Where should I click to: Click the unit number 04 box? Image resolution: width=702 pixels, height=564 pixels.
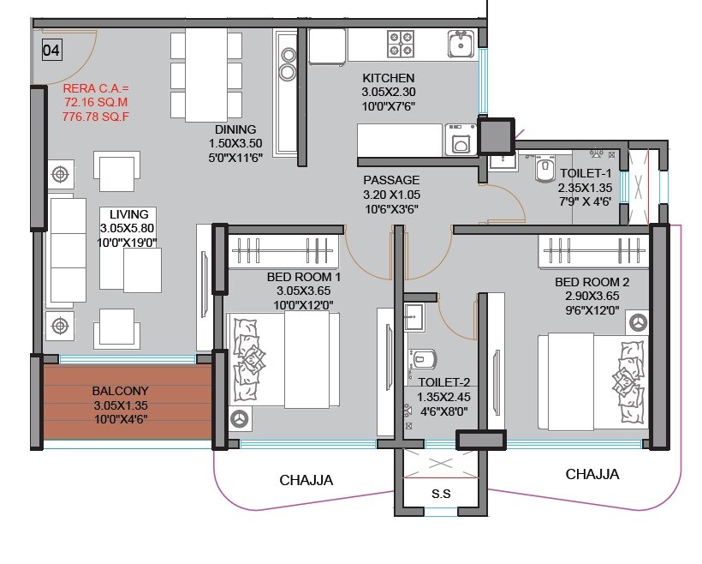(x=51, y=51)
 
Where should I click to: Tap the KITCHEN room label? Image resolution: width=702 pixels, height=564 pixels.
(x=388, y=77)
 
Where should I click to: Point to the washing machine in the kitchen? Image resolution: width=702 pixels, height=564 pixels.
(x=462, y=140)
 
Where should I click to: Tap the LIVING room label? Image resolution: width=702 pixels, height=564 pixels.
(x=128, y=214)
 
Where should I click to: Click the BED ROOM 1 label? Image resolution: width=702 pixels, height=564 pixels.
(x=303, y=278)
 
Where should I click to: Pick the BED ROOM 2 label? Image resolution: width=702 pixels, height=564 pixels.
(x=592, y=282)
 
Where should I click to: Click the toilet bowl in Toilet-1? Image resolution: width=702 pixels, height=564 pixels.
(x=544, y=171)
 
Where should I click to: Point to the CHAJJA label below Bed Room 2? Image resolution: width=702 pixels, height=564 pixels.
(x=592, y=474)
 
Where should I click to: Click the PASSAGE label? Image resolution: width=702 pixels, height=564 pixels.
(x=391, y=180)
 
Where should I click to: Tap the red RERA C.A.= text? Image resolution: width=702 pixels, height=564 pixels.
(x=95, y=88)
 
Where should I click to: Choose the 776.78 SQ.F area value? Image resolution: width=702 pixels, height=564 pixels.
(x=95, y=116)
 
